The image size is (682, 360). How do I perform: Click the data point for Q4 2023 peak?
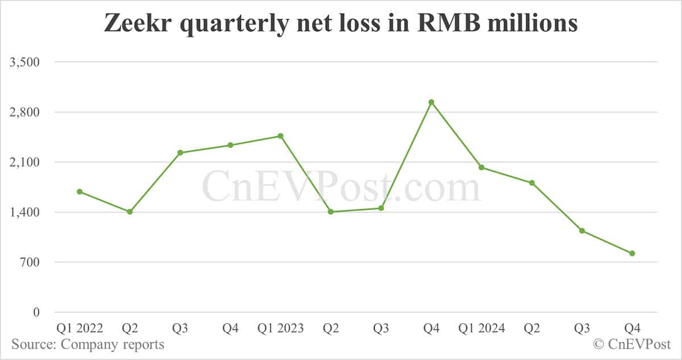(431, 102)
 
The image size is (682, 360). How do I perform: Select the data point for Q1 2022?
(80, 192)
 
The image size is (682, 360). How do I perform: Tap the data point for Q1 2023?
(281, 136)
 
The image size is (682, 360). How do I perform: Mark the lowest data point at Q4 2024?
(632, 253)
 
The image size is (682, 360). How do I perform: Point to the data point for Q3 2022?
(180, 152)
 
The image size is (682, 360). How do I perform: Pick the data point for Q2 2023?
(331, 212)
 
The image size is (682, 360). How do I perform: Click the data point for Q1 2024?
(481, 167)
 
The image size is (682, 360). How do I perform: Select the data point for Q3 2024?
(582, 230)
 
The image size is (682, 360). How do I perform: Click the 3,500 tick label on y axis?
(23, 62)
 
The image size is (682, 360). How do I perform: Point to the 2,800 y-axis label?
(23, 112)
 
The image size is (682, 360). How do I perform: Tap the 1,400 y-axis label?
(23, 212)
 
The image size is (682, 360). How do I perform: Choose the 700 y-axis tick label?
(28, 262)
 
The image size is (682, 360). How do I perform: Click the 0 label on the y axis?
(36, 312)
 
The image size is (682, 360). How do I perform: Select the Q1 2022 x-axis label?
(80, 329)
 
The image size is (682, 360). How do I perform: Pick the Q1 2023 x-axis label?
(281, 329)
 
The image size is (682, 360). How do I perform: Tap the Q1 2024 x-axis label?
(481, 329)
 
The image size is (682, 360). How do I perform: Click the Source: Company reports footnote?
(88, 345)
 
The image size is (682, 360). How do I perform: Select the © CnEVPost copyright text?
(632, 345)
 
